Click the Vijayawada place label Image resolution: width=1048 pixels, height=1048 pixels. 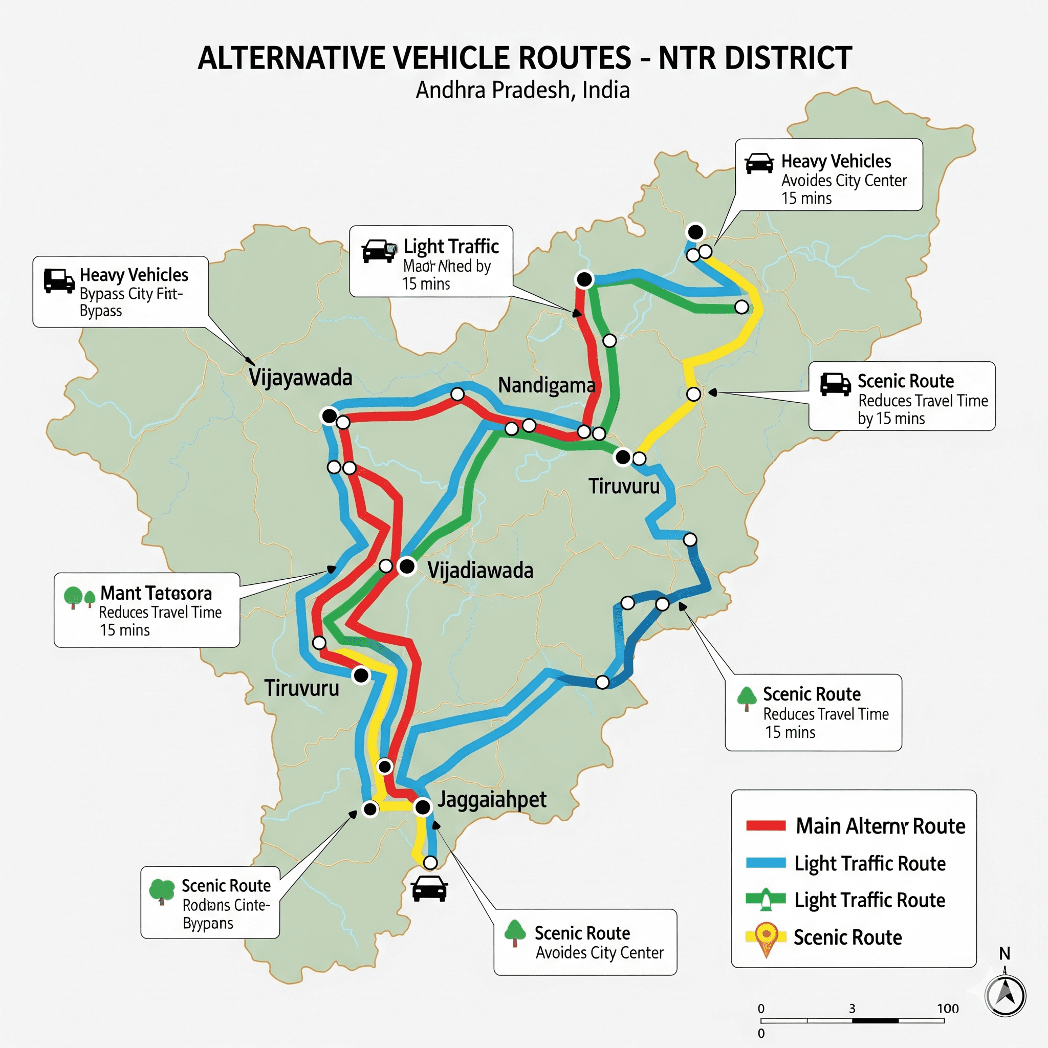pos(300,378)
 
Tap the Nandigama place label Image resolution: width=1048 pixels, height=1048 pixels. pos(546,385)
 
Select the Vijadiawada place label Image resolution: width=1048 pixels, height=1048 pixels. pos(480,570)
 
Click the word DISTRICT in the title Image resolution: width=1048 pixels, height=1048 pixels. pos(755,58)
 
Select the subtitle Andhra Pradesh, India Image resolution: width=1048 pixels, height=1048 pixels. pos(522,90)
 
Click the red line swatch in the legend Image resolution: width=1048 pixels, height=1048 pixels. pos(766,826)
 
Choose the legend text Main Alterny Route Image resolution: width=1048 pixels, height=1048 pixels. pos(880,826)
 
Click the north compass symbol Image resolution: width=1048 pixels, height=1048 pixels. pos(1005,996)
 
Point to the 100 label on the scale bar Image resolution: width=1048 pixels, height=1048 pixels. pos(948,1009)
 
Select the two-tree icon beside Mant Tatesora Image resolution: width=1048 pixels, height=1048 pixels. pos(79,597)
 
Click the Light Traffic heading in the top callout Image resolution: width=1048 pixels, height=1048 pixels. pos(451,247)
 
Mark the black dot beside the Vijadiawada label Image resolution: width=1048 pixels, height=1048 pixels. pos(407,567)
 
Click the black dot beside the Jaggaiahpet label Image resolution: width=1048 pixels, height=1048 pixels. pos(423,807)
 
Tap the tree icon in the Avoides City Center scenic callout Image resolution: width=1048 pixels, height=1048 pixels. pos(515,933)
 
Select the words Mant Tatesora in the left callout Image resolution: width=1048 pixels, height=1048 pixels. pos(156,593)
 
